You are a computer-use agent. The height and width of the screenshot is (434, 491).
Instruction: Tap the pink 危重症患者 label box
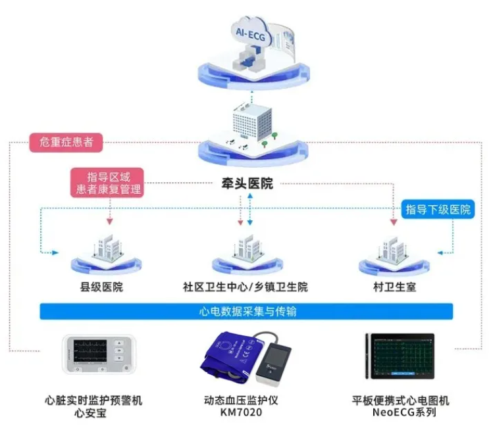point(66,143)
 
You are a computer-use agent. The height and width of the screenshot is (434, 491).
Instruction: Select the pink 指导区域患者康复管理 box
point(107,183)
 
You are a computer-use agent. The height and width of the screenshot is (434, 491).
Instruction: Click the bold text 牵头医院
point(247,183)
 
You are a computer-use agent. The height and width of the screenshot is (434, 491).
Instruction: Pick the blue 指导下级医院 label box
point(438,209)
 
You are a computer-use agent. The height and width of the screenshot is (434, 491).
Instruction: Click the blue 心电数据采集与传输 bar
point(246,311)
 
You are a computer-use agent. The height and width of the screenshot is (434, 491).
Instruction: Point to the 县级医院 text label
point(101,287)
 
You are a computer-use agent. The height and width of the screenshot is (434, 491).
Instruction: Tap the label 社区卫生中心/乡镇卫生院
point(245,287)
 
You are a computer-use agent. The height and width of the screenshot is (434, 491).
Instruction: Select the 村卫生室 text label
point(394,287)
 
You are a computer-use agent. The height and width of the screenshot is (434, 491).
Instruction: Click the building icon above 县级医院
point(107,247)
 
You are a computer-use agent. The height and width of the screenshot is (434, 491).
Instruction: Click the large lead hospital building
point(252,124)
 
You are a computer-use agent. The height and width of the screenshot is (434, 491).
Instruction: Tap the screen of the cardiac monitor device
point(90,351)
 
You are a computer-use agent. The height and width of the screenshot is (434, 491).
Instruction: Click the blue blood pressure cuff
point(228,356)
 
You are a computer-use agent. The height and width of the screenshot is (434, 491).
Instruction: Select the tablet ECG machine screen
point(403,356)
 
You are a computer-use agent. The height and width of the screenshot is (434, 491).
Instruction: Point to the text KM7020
point(241,412)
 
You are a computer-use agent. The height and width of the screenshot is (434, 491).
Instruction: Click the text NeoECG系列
point(404,412)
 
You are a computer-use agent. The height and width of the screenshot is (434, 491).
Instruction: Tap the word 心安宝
point(90,413)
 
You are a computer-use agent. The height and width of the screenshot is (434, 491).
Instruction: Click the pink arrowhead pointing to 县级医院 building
point(110,222)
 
